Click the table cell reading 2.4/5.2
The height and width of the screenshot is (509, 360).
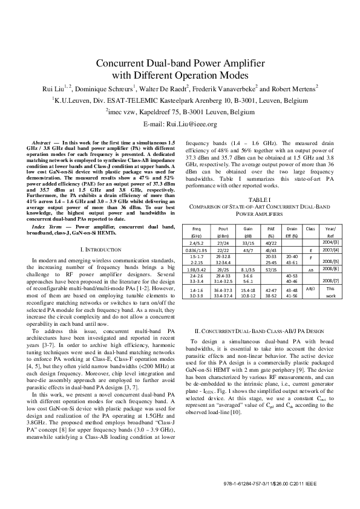pyautogui.click(x=197, y=242)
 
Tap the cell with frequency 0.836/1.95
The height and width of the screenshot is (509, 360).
pyautogui.click(x=197, y=249)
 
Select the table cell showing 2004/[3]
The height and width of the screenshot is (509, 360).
pyautogui.click(x=330, y=242)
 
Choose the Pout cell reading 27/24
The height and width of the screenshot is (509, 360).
pyautogui.click(x=223, y=242)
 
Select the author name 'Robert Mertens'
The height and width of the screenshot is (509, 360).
pyautogui.click(x=293, y=88)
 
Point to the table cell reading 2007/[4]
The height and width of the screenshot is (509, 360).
pyautogui.click(x=330, y=249)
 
